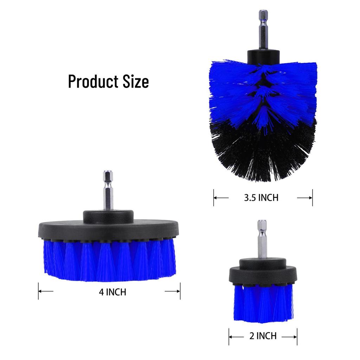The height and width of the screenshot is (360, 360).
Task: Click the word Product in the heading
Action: point(93,82)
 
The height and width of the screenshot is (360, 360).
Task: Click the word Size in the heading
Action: point(136,82)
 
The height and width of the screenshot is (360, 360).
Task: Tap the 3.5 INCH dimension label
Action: point(261,198)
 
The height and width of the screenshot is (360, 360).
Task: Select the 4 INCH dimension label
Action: point(112,292)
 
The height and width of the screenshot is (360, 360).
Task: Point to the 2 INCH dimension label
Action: point(263,336)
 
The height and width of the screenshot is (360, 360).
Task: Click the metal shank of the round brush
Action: point(263,30)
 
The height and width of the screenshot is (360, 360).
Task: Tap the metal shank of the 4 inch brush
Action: point(108,190)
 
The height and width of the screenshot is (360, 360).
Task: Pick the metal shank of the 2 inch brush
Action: point(262,239)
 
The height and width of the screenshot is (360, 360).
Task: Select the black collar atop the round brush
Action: point(263,57)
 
